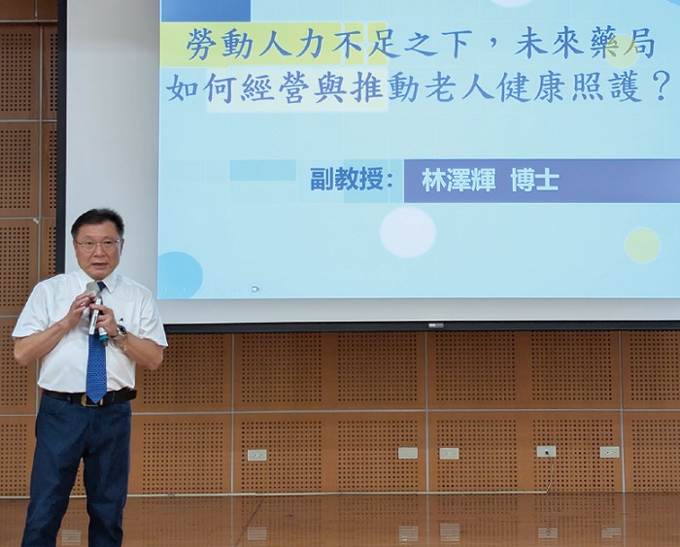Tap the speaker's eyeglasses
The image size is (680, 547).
98,245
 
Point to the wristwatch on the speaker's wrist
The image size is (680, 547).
120,332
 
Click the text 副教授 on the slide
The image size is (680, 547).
347,180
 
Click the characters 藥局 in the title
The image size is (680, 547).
623,46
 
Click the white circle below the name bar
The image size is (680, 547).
408,232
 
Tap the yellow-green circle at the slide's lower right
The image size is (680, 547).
642,245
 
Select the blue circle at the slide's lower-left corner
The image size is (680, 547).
180,276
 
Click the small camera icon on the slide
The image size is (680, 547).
255,289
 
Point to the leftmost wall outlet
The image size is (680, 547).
256,455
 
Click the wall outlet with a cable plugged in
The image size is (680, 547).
546,452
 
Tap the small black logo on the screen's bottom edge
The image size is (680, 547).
436,325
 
